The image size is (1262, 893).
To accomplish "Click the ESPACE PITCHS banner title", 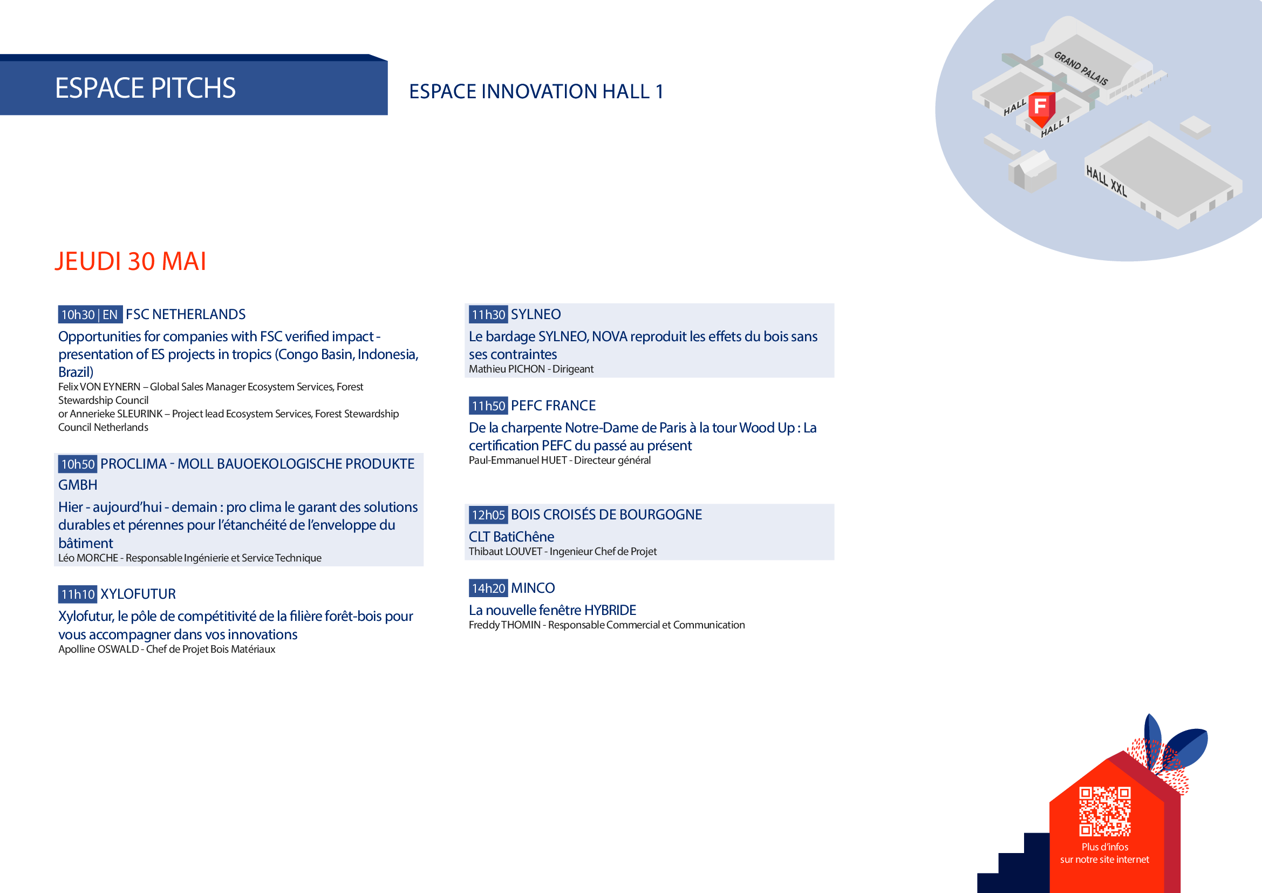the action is pyautogui.click(x=145, y=88).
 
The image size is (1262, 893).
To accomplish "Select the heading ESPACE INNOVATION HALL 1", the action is pyautogui.click(x=536, y=91).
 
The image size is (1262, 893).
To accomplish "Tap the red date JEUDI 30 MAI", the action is pyautogui.click(x=130, y=261).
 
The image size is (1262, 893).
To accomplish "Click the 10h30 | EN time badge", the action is pyautogui.click(x=90, y=315).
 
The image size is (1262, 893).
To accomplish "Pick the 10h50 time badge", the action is pyautogui.click(x=78, y=464).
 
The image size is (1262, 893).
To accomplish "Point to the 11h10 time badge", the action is pyautogui.click(x=78, y=594).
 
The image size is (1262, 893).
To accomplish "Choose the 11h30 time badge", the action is pyautogui.click(x=488, y=315).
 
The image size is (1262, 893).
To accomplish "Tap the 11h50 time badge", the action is pyautogui.click(x=488, y=406).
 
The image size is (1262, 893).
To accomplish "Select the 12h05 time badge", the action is pyautogui.click(x=488, y=515).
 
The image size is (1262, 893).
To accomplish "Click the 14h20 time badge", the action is pyautogui.click(x=488, y=588).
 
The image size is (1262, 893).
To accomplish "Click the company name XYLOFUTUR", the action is pyautogui.click(x=138, y=594).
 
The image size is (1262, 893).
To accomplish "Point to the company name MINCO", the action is pyautogui.click(x=533, y=588).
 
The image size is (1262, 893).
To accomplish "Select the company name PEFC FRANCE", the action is pyautogui.click(x=553, y=406).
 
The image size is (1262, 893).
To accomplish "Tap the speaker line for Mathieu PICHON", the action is pyautogui.click(x=531, y=369).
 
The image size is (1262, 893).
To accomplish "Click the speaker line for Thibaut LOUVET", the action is pyautogui.click(x=562, y=552).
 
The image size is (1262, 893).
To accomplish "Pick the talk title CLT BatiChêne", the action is pyautogui.click(x=511, y=537).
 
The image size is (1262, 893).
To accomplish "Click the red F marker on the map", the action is pyautogui.click(x=1041, y=108).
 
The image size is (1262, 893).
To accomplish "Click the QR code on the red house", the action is pyautogui.click(x=1104, y=811).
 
